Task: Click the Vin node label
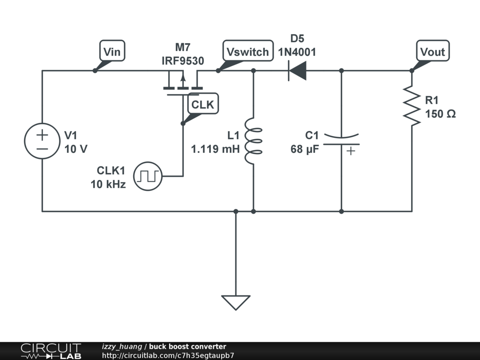pos(112,51)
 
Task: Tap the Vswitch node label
pos(248,51)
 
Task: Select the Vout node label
pos(433,51)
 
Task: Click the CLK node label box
pos(202,104)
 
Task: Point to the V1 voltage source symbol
pos(42,141)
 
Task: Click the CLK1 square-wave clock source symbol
pos(148,176)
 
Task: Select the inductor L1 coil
pos(253,141)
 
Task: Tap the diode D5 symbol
pos(297,71)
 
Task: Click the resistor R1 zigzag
pos(412,106)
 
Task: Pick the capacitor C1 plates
pos(341,140)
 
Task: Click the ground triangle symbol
pos(236,302)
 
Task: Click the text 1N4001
pos(297,52)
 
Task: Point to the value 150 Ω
pos(440,114)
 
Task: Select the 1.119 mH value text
pos(215,149)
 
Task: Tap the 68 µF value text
pos(305,150)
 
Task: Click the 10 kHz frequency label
pos(108,184)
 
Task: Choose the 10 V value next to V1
pos(76,149)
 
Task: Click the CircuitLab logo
pos(51,351)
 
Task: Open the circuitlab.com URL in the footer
pos(168,355)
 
